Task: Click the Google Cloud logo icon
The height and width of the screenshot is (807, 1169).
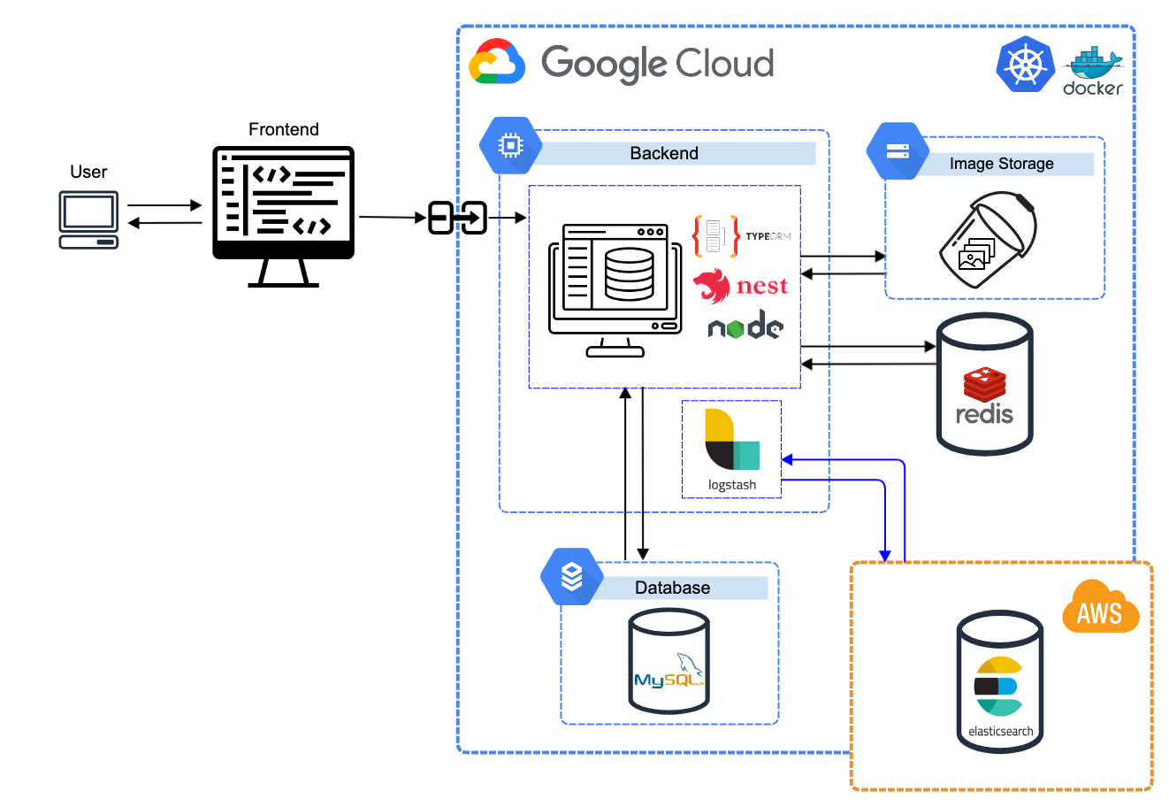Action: pos(497,63)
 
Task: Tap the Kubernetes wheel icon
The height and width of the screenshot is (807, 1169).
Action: pos(1026,65)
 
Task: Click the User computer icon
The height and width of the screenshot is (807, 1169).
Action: pos(88,220)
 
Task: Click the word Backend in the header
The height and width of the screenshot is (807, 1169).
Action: pos(664,153)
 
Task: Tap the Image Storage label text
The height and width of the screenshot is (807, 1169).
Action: pos(1001,164)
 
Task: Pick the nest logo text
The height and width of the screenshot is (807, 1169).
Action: pos(761,287)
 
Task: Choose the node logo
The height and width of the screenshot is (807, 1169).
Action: pos(745,327)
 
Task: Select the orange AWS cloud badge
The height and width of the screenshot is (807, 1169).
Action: pos(1100,608)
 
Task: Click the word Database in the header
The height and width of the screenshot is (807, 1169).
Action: pos(672,588)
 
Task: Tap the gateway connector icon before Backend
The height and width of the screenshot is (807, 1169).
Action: pos(458,217)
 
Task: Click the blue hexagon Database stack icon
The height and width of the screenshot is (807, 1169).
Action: pos(572,577)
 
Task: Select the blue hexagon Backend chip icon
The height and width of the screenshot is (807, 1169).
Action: pos(511,145)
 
